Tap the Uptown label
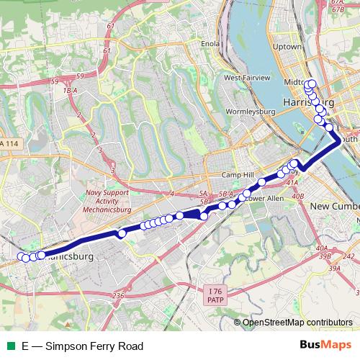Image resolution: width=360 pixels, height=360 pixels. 287,46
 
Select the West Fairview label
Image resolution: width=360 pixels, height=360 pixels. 246,77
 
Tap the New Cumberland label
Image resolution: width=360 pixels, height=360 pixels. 334,207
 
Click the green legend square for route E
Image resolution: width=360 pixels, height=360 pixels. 9,346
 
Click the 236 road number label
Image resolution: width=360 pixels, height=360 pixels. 119,295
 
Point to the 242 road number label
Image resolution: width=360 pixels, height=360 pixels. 349,256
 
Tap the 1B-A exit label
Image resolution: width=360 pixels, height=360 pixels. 70,90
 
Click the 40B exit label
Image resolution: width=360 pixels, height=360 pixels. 298,195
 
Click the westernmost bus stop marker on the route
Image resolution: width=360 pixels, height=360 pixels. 20,256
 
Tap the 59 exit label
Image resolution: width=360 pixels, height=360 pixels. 54,81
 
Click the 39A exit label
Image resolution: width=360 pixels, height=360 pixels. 333,268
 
